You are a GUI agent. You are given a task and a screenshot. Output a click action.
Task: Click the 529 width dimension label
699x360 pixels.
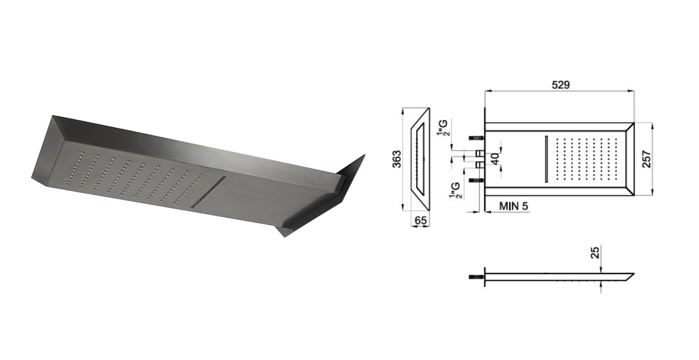point(561,85)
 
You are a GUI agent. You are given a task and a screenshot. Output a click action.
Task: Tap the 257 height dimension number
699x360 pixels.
point(647,159)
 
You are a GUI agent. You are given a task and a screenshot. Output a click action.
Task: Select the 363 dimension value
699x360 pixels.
point(397,159)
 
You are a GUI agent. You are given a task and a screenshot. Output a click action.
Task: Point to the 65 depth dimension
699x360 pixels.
point(420,220)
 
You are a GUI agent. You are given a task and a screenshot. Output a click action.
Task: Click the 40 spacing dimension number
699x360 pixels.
point(495,159)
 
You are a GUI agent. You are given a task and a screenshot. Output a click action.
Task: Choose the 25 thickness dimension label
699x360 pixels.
point(595,253)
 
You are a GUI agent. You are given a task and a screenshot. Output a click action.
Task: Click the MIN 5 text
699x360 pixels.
point(514,206)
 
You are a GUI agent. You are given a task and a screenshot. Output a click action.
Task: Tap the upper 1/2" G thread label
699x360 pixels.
point(443,128)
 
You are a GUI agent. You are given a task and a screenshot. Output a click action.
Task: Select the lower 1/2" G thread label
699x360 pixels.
point(455,191)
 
